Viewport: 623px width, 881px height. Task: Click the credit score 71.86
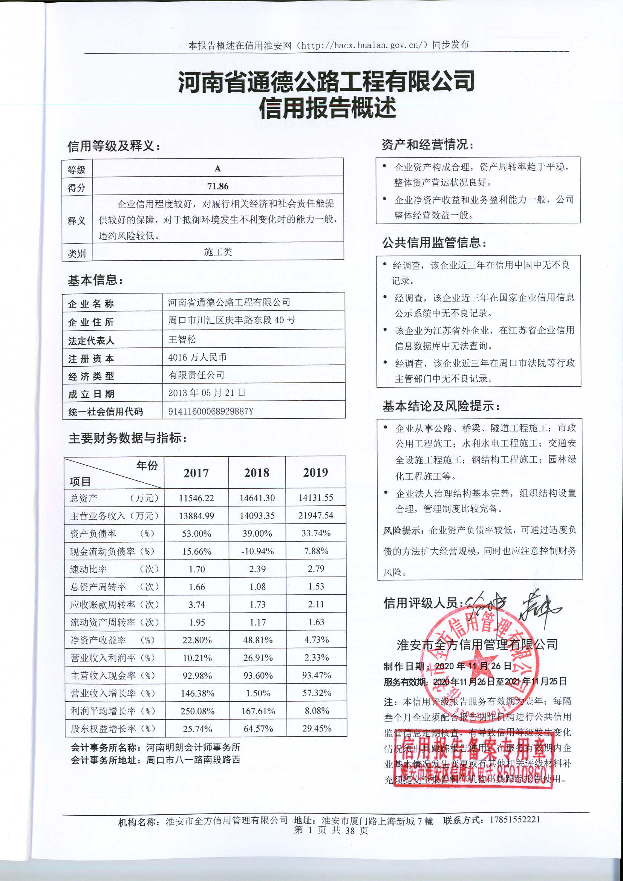coord(217,186)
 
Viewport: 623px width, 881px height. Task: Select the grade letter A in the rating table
coord(217,168)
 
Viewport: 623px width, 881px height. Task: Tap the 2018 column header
coord(256,473)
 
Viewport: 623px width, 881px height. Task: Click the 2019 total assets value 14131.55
coord(315,498)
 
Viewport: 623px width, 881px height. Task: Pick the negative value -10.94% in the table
coord(257,551)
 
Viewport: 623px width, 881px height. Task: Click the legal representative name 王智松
coord(182,339)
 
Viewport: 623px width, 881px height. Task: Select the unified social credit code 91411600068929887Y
coord(211,411)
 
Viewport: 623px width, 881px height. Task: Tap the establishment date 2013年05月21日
coord(207,393)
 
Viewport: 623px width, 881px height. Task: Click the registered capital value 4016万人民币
coord(197,357)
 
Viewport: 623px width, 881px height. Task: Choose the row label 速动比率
coord(89,569)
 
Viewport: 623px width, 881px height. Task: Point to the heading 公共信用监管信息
coord(434,243)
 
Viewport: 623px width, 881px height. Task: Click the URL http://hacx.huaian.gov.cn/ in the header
coord(365,45)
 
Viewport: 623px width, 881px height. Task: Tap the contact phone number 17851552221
coord(515,820)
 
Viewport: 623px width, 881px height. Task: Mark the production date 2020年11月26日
coord(473,666)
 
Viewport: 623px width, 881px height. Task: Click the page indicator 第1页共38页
coord(331,830)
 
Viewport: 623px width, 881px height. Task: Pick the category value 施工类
coord(217,252)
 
